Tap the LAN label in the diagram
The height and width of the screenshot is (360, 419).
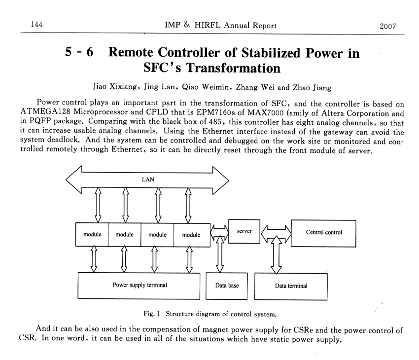(148, 180)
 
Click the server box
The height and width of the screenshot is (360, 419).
(244, 231)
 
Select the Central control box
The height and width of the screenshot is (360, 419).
(324, 232)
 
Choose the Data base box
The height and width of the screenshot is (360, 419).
(227, 286)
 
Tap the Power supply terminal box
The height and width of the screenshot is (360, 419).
(140, 285)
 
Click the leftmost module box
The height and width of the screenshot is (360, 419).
(92, 234)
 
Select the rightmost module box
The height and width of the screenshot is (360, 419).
(191, 234)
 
